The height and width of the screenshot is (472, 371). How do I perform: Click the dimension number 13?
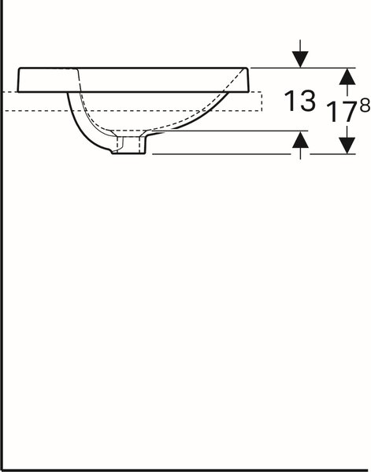pyautogui.click(x=300, y=101)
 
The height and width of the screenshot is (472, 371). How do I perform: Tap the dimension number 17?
pyautogui.click(x=343, y=112)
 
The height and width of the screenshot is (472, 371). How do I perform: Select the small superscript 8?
pyautogui.click(x=365, y=105)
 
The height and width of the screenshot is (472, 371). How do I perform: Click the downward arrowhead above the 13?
pyautogui.click(x=300, y=59)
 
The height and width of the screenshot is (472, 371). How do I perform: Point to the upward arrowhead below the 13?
pyautogui.click(x=300, y=140)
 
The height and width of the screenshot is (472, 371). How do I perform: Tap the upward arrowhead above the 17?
pyautogui.click(x=347, y=76)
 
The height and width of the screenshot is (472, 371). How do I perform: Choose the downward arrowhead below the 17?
pyautogui.click(x=347, y=146)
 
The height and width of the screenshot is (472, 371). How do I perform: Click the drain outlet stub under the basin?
pyautogui.click(x=130, y=145)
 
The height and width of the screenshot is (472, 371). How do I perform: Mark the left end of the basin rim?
pyautogui.click(x=18, y=80)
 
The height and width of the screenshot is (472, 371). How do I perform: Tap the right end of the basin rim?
pyautogui.click(x=248, y=80)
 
